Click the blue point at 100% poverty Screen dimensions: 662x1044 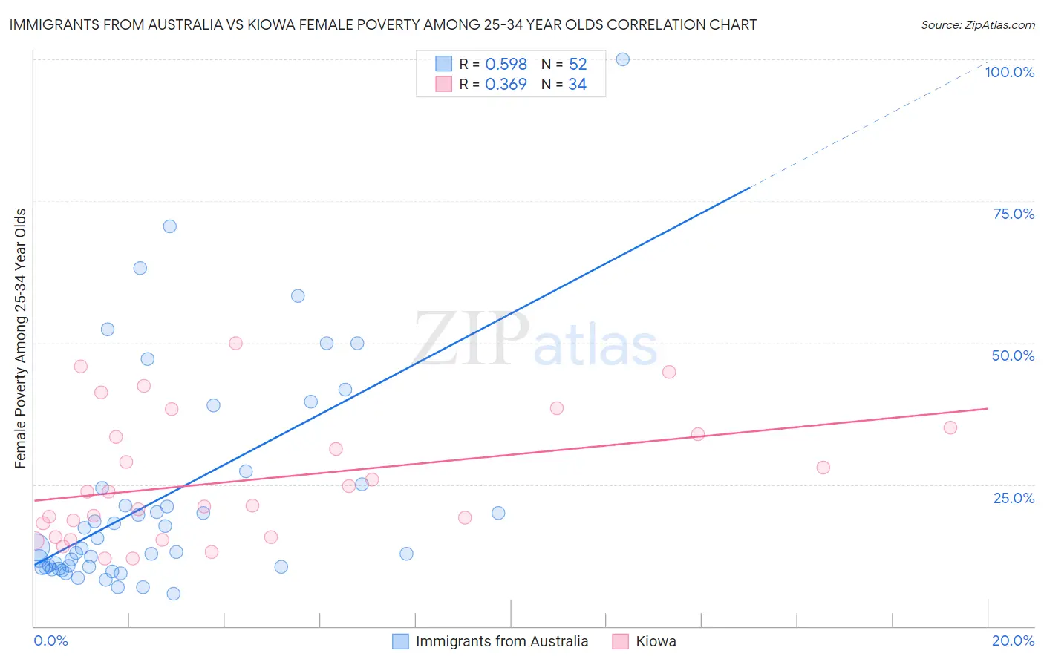click(623, 59)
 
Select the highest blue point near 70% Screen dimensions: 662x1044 click(170, 226)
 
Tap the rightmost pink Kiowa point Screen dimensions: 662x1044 click(950, 427)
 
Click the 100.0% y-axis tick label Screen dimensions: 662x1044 click(1009, 72)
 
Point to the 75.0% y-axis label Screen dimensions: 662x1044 click(1014, 214)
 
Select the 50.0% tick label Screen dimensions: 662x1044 click(1013, 355)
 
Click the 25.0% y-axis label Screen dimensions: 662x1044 click(1014, 498)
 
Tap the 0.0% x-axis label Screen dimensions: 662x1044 click(50, 640)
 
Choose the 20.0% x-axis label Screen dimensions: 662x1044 click(1013, 640)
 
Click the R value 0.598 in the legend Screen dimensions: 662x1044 click(506, 65)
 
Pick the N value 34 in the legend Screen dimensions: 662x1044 click(577, 85)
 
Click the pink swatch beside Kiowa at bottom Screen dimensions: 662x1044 click(620, 641)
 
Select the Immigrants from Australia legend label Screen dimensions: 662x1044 click(501, 641)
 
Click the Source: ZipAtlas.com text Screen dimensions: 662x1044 click(977, 25)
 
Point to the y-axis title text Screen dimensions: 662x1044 click(20, 338)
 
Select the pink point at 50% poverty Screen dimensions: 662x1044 click(235, 343)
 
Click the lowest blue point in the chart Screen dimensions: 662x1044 click(174, 594)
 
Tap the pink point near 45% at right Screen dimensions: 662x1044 click(669, 372)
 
